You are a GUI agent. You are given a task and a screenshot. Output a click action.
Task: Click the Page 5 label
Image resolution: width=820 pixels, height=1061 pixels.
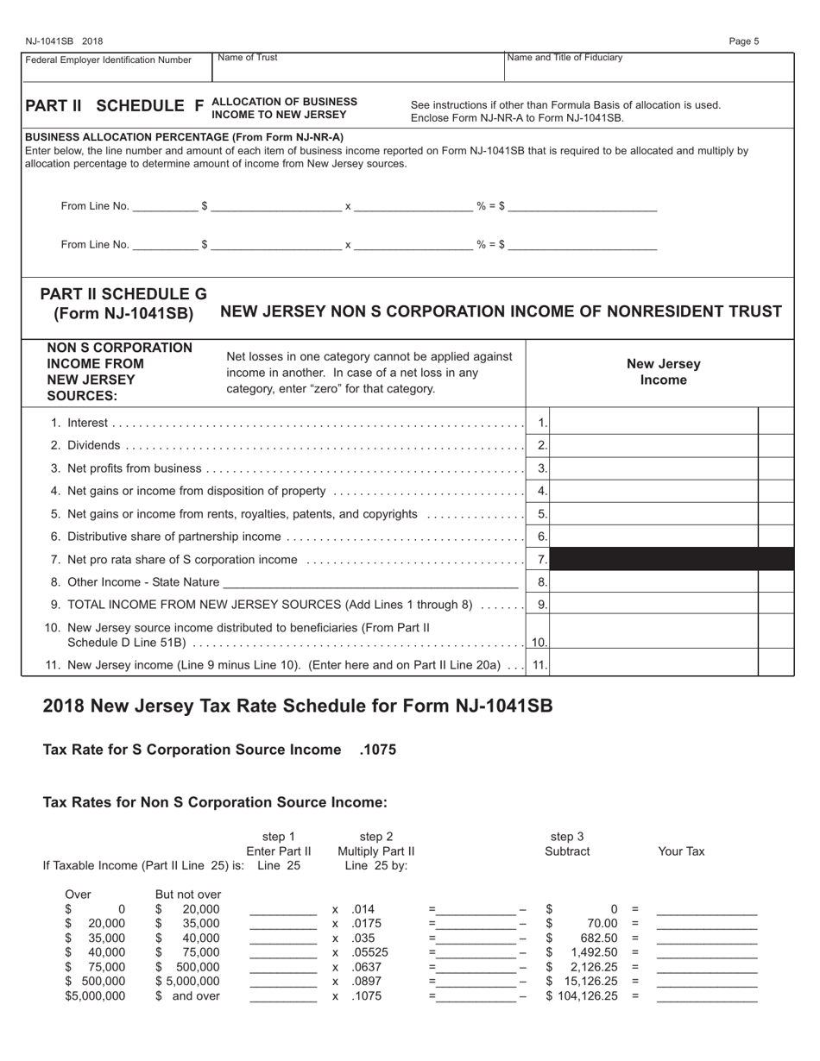(743, 41)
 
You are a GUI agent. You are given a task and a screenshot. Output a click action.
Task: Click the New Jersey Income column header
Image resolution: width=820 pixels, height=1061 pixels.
(662, 372)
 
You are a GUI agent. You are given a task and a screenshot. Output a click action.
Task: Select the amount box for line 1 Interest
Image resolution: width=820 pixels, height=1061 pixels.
(653, 423)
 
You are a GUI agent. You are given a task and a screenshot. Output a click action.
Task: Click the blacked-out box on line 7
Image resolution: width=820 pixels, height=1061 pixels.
(672, 560)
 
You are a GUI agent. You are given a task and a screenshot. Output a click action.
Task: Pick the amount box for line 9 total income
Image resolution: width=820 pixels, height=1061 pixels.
(653, 605)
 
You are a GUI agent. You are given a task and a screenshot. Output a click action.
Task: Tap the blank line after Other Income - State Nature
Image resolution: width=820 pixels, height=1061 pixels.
(371, 582)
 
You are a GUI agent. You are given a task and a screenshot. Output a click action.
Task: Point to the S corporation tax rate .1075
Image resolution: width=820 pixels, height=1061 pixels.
(377, 750)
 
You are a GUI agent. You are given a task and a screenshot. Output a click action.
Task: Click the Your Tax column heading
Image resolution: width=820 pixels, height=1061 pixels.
(681, 851)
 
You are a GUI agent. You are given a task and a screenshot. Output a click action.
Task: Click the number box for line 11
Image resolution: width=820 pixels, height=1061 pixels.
(539, 665)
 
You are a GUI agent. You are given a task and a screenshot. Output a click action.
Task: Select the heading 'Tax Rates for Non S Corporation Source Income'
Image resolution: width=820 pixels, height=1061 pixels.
(215, 802)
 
